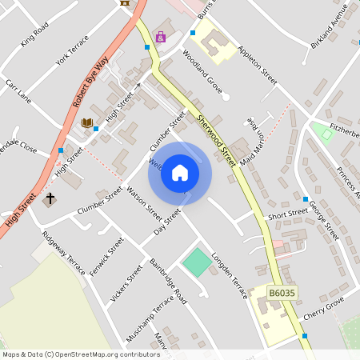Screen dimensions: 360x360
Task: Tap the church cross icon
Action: pos(50,198)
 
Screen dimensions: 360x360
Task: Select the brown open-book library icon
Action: pos(86,122)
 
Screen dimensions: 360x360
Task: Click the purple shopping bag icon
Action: pos(161,37)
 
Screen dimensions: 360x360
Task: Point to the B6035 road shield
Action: pos(282,294)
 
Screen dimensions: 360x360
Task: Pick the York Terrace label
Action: pos(73,50)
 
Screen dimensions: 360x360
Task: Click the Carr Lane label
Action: pos(18,90)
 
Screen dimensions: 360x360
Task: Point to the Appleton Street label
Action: pos(257,65)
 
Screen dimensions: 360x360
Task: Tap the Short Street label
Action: pos(287,214)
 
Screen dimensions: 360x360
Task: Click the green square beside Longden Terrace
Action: pos(195,261)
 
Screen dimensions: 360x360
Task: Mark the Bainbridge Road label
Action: pos(167,279)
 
